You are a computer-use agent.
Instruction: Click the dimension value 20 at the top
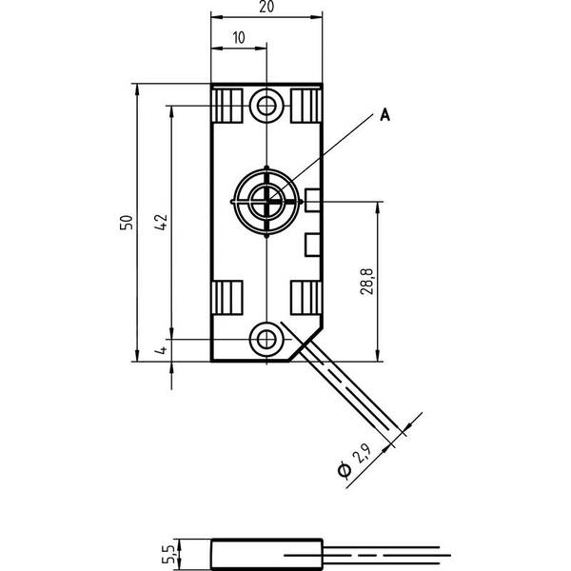click(x=266, y=7)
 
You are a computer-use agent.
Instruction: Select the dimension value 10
click(x=239, y=38)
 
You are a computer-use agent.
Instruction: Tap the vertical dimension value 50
click(x=127, y=223)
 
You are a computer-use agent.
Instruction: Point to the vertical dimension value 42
click(x=161, y=222)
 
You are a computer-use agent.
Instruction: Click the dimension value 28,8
click(x=366, y=282)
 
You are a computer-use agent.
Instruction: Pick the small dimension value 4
click(x=161, y=350)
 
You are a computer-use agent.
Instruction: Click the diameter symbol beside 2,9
click(x=345, y=470)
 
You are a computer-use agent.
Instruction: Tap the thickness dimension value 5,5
click(x=168, y=554)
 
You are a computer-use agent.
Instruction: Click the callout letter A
click(x=384, y=115)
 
